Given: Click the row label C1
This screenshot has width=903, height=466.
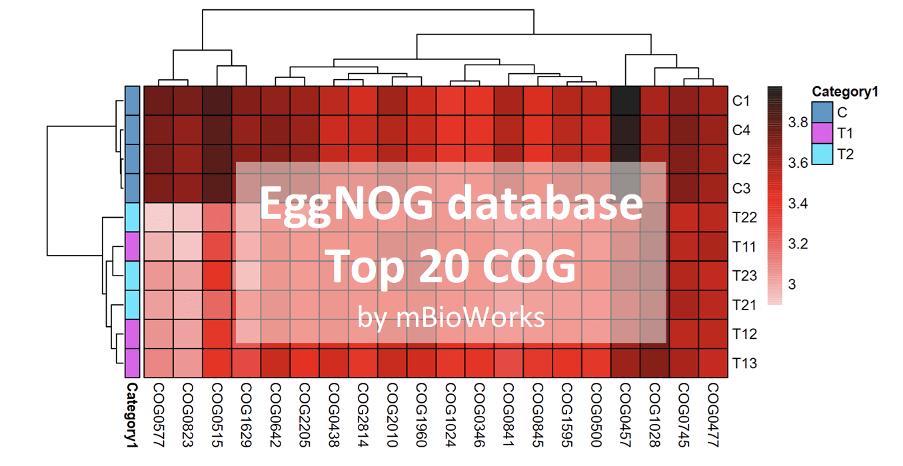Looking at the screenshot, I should click(742, 101).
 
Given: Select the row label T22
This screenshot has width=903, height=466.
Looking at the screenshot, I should click(744, 218).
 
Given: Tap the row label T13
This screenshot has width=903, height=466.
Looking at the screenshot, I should click(744, 363).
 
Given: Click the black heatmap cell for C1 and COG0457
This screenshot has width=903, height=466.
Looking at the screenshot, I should click(625, 101).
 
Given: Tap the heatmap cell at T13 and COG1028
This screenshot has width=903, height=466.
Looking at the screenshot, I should click(654, 363).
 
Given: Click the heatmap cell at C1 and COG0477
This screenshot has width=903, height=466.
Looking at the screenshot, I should click(713, 101).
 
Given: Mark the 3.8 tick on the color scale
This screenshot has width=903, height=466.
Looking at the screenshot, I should click(798, 122).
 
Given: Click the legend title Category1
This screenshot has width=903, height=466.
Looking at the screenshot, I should click(844, 93).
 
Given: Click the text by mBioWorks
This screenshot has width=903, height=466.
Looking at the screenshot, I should click(451, 318).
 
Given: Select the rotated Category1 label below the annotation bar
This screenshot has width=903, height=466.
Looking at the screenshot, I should click(132, 413).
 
